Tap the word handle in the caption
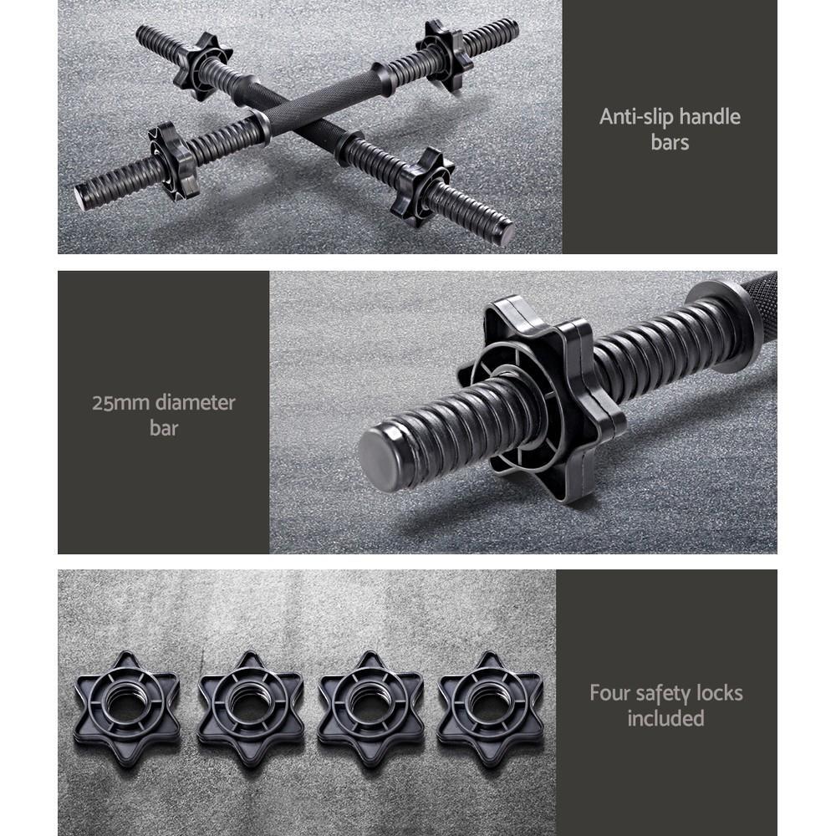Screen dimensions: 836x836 (710, 117)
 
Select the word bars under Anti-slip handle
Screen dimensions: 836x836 (670, 142)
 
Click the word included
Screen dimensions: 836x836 (665, 718)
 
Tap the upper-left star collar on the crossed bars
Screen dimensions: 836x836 (201, 66)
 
